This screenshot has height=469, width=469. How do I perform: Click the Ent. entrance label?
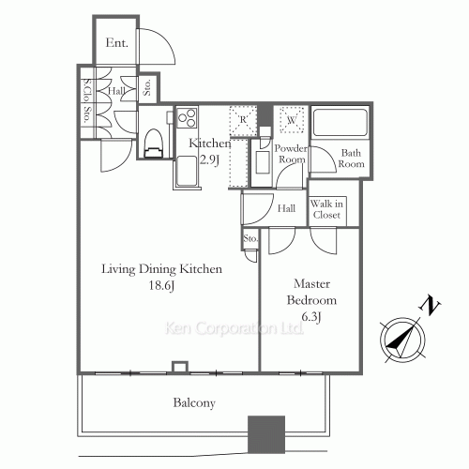point(117,42)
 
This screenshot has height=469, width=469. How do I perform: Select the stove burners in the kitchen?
point(185,119)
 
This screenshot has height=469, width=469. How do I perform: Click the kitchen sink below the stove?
point(186,173)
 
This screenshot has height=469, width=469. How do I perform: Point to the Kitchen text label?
point(209,143)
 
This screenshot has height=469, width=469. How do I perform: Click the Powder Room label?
point(291,153)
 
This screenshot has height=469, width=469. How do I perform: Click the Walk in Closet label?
point(327,208)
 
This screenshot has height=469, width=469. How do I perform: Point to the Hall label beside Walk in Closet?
point(288,208)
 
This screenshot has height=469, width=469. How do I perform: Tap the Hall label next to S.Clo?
point(117,91)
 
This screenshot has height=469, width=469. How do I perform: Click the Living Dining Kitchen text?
point(162,269)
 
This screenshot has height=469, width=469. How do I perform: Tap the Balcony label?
point(194,403)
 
